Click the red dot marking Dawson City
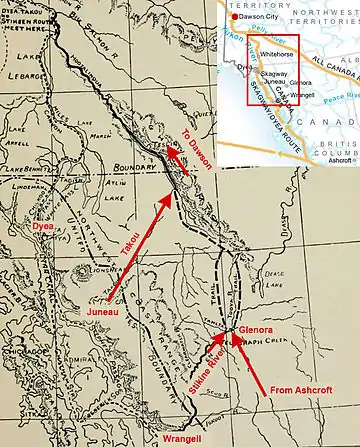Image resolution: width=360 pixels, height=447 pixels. [229, 16]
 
